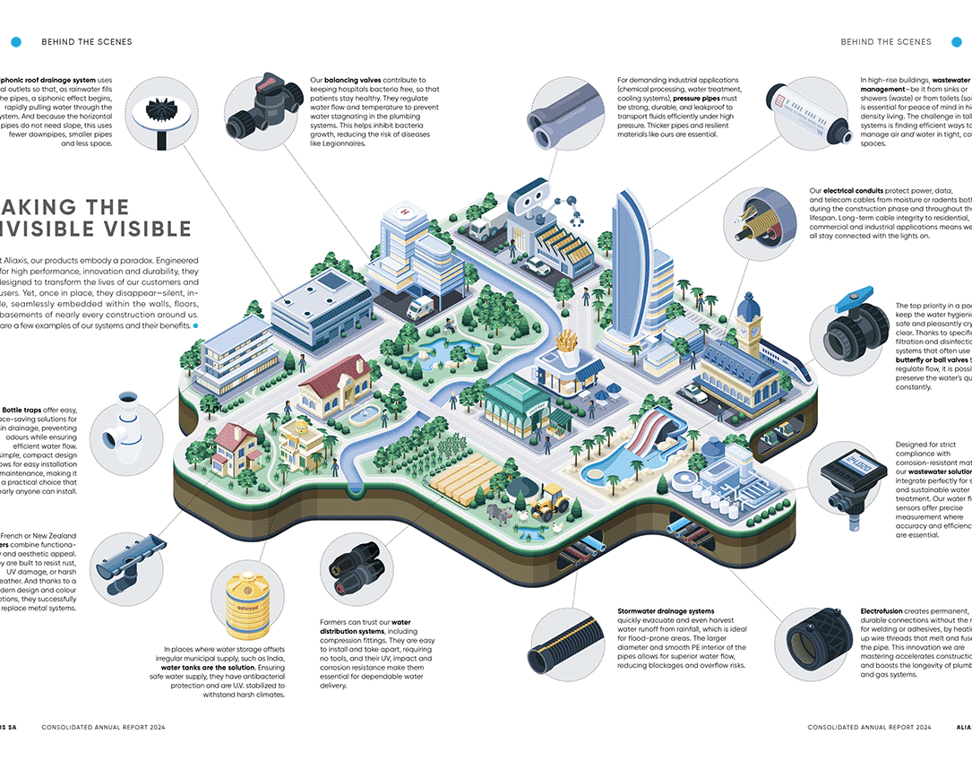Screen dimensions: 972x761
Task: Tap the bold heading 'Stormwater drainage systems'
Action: [x=665, y=610]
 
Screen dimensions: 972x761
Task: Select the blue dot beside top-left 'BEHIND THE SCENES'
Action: [x=16, y=41]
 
